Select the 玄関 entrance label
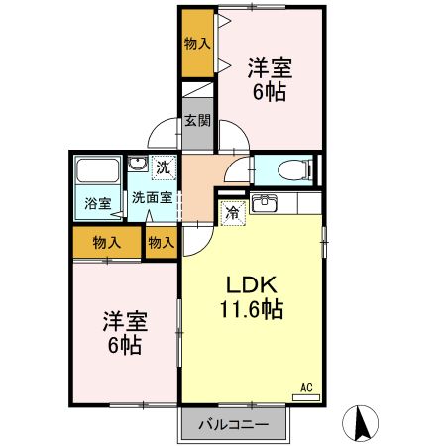point(197,122)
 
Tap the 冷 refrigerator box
point(232,210)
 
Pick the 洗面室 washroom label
point(153,196)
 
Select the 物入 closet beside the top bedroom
point(197,44)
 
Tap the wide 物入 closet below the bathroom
point(107,242)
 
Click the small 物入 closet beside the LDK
point(162,242)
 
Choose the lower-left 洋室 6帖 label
point(125,334)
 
